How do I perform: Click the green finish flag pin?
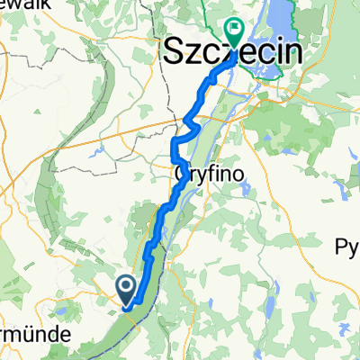tap(234, 33)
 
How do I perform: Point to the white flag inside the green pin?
tap(234, 30)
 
